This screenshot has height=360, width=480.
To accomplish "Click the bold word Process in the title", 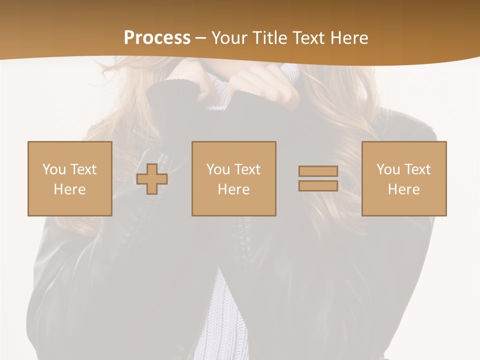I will pyautogui.click(x=157, y=38).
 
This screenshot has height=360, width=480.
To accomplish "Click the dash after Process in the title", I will pyautogui.click(x=200, y=38).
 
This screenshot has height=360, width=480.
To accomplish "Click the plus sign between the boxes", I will pyautogui.click(x=152, y=179).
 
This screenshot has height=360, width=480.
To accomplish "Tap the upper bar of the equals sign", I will pyautogui.click(x=318, y=171).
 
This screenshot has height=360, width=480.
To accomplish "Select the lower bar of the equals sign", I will pyautogui.click(x=318, y=185).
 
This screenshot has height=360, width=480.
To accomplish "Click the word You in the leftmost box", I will pyautogui.click(x=54, y=169).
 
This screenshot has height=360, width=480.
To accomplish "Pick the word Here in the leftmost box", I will pyautogui.click(x=69, y=189).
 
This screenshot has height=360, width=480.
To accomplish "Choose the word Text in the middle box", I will pyautogui.click(x=247, y=169).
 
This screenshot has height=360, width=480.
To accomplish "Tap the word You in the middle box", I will pyautogui.click(x=218, y=169).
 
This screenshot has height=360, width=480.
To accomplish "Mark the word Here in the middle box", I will pyautogui.click(x=233, y=189).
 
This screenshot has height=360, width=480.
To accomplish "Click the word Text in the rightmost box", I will pyautogui.click(x=417, y=169).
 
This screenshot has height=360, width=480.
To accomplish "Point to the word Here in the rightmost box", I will pyautogui.click(x=403, y=189).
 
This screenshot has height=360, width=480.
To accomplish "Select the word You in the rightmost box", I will pyautogui.click(x=388, y=169).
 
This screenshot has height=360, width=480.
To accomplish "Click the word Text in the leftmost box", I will pyautogui.click(x=83, y=169).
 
